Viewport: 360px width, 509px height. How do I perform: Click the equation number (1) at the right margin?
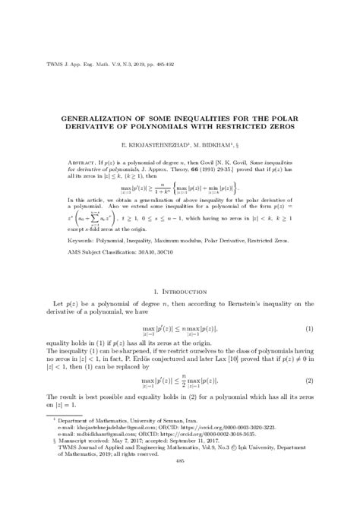[x=310, y=327]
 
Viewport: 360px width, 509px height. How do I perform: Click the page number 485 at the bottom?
[x=180, y=460]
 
